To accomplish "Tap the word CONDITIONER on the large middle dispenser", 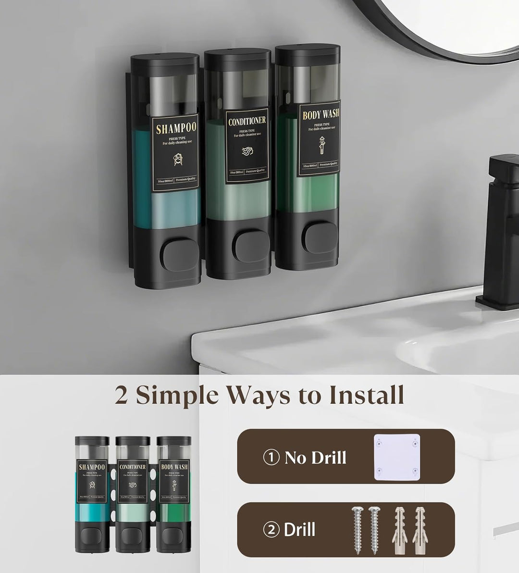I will pyautogui.click(x=247, y=121).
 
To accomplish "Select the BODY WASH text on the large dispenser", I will pyautogui.click(x=321, y=115).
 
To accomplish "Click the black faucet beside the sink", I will pyautogui.click(x=500, y=231).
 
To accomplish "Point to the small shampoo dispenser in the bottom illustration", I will pyautogui.click(x=91, y=495).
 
